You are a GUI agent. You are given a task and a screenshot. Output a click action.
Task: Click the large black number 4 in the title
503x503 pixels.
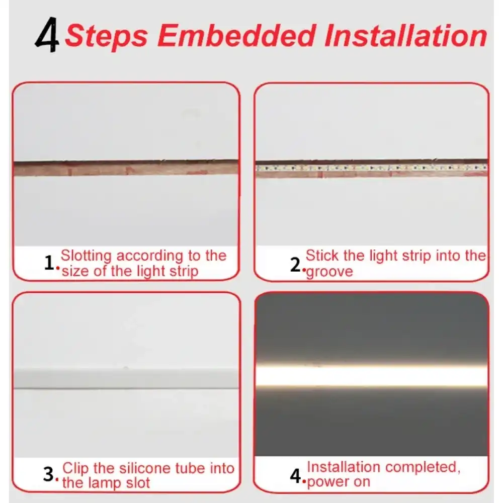pyautogui.click(x=47, y=37)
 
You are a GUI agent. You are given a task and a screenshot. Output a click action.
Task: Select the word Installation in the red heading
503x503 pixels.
pyautogui.click(x=405, y=36)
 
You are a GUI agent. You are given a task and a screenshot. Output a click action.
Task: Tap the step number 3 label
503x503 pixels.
pyautogui.click(x=49, y=474)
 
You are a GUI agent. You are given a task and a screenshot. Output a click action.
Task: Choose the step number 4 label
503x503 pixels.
pyautogui.click(x=296, y=475)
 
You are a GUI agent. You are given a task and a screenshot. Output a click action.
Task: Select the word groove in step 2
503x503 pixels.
pyautogui.click(x=329, y=272)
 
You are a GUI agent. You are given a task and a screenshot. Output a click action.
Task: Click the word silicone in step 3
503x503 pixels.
pyautogui.click(x=144, y=468)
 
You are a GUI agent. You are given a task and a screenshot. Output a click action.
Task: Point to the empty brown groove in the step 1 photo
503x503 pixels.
pyautogui.click(x=126, y=167)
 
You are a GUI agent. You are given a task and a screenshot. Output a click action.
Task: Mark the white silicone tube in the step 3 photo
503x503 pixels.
pyautogui.click(x=126, y=378)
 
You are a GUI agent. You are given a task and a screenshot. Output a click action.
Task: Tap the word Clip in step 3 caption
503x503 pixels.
pyautogui.click(x=76, y=468)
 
